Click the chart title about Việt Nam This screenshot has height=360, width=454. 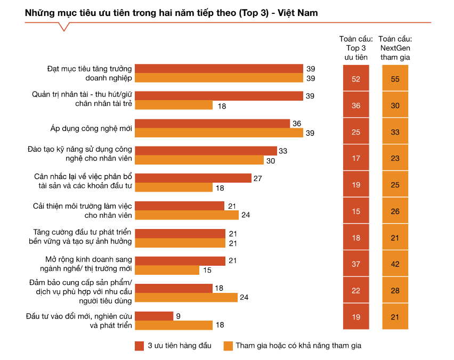pyautogui.click(x=171, y=13)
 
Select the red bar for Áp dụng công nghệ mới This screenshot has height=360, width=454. pyautogui.click(x=212, y=124)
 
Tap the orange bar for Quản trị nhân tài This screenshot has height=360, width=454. pyautogui.click(x=174, y=105)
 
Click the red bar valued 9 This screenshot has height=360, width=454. pyautogui.click(x=154, y=316)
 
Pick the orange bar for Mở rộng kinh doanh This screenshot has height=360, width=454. pyautogui.click(x=167, y=270)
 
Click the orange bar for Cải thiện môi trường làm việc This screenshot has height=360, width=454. pyautogui.click(x=187, y=215)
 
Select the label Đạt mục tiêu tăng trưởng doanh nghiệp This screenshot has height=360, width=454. pyautogui.click(x=88, y=73)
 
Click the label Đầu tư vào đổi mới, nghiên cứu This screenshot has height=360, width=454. pyautogui.click(x=79, y=321)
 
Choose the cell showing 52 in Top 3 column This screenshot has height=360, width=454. pyautogui.click(x=356, y=79)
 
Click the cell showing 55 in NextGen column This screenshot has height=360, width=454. pyautogui.click(x=395, y=79)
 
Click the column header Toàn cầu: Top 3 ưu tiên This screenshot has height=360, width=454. pyautogui.click(x=356, y=48)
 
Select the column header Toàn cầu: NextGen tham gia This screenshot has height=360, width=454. pyautogui.click(x=395, y=48)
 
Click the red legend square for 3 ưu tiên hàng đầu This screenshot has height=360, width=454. pyautogui.click(x=140, y=346)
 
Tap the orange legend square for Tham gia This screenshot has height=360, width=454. pyautogui.click(x=228, y=346)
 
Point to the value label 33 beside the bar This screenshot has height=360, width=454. pyautogui.click(x=283, y=151)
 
